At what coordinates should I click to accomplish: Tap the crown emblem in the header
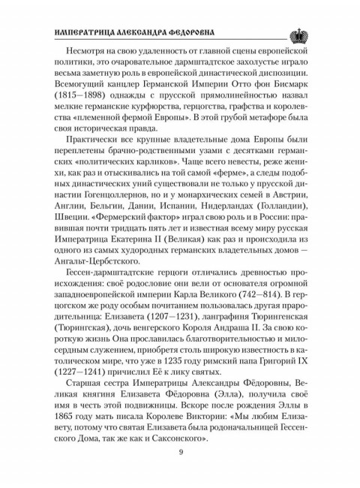pyautogui.click(x=298, y=32)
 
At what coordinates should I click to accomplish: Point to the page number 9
pyautogui.click(x=180, y=450)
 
